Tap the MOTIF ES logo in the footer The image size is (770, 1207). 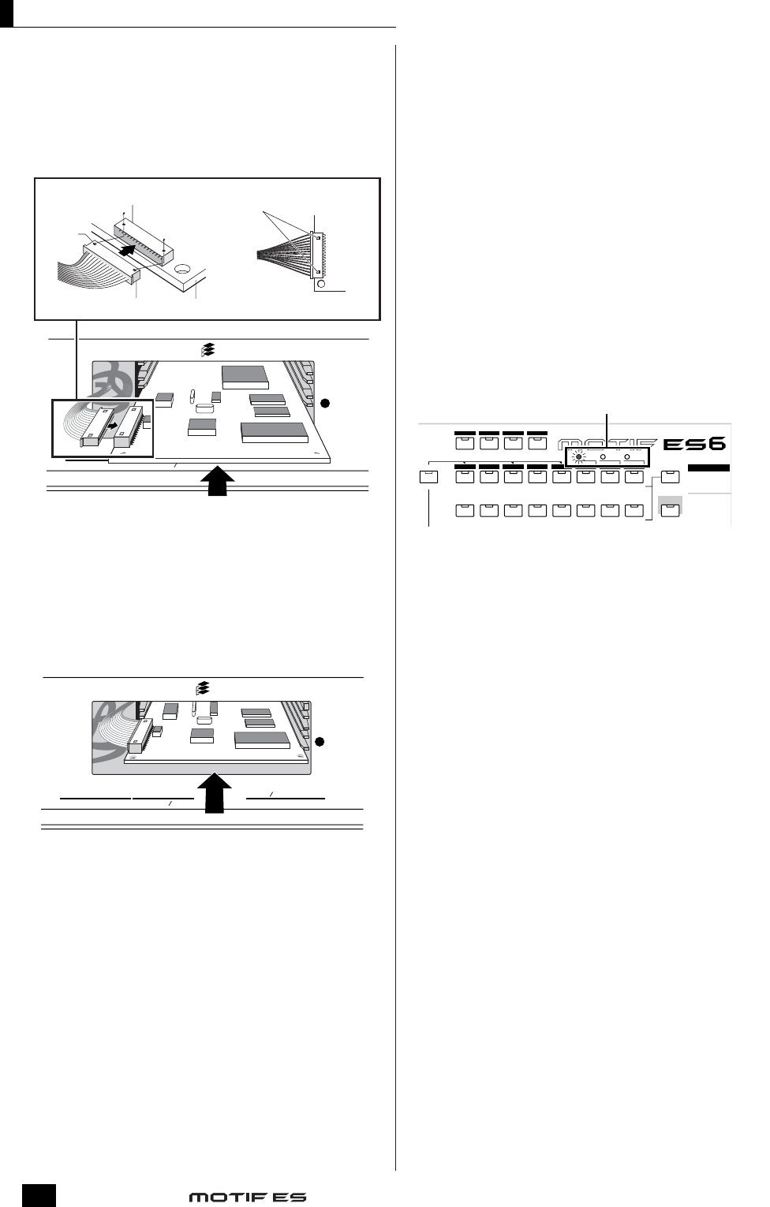247,1197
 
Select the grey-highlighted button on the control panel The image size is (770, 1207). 670,505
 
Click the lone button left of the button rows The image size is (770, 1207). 428,476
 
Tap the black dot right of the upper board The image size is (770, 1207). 323,403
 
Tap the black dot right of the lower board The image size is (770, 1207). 320,741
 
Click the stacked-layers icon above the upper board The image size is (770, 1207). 208,350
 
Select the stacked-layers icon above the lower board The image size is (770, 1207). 203,687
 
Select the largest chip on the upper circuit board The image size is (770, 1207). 274,431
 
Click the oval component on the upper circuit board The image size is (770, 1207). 203,408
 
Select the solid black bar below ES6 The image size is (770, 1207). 709,468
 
